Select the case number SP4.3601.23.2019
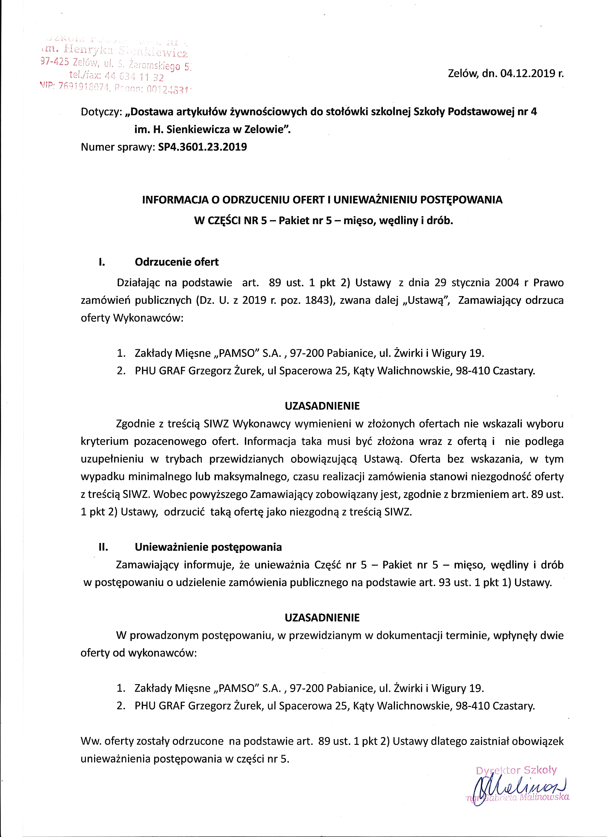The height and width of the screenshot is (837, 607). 202,147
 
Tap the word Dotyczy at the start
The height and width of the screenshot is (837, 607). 100,112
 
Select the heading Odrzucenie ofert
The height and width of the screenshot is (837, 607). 176,262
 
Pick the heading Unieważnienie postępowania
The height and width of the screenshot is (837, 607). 208,547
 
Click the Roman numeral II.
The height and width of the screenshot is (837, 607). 103,547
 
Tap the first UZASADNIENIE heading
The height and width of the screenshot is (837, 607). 322,406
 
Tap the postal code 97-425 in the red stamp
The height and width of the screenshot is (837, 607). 54,62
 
